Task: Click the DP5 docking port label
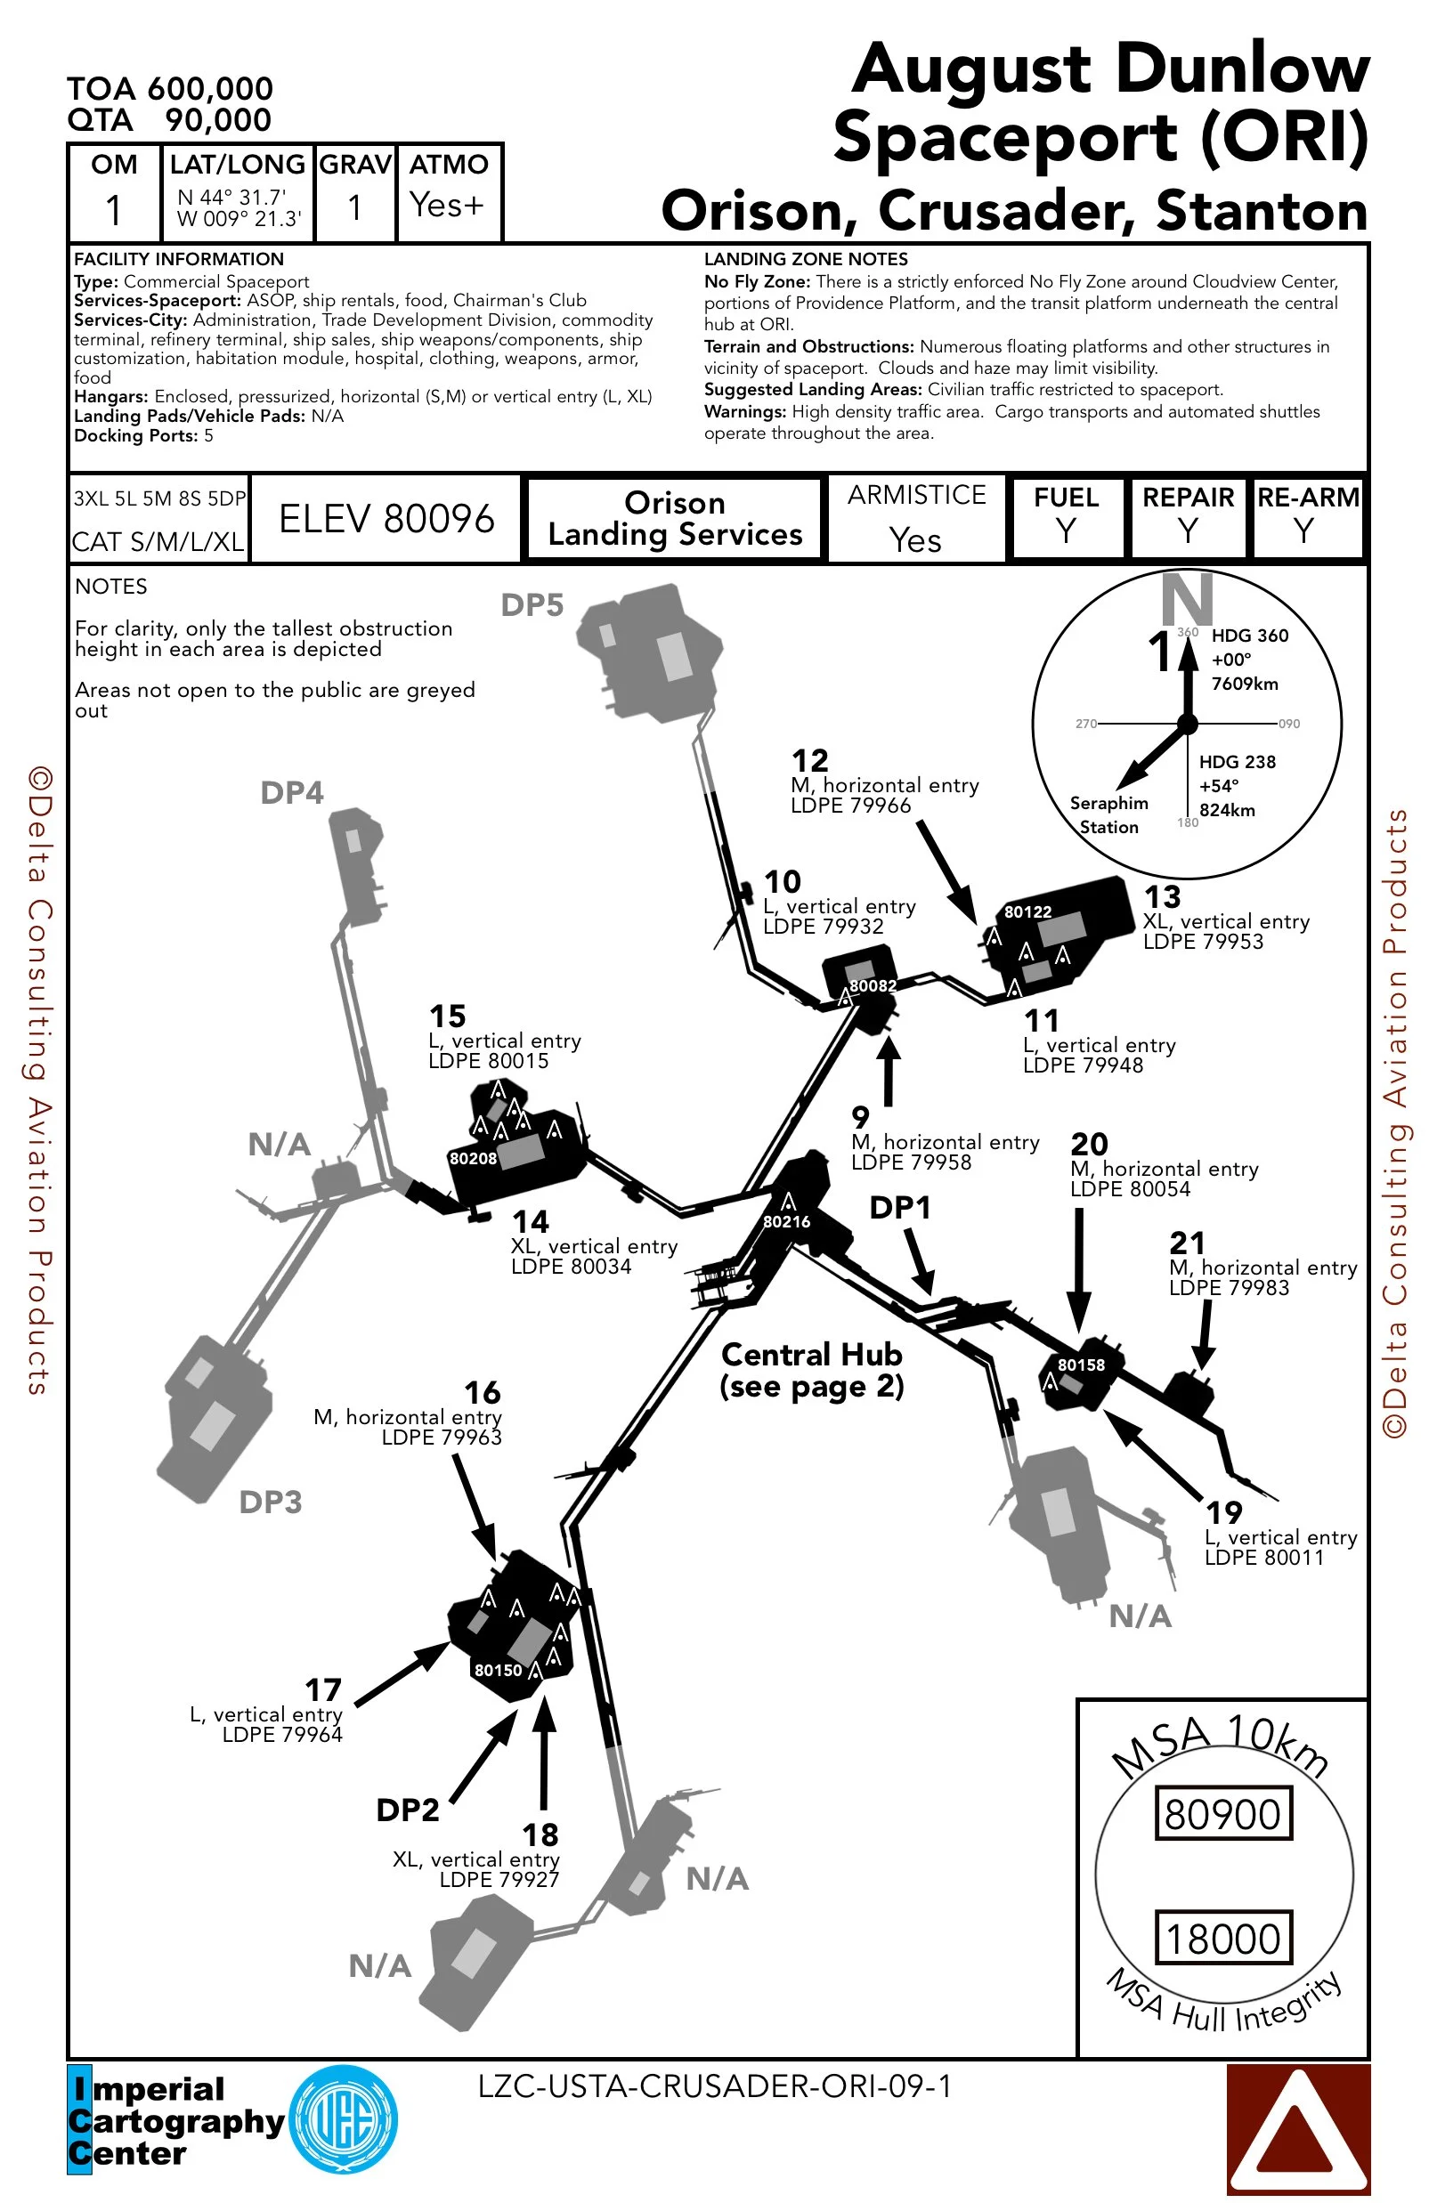532,605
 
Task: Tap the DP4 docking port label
292,793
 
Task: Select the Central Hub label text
811,1370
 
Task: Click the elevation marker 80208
473,1158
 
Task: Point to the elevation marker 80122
1027,911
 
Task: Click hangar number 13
1162,897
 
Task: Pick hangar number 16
483,1392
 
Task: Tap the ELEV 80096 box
386,519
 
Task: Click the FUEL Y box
1067,516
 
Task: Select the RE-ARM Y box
1307,516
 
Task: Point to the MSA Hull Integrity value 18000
1222,1938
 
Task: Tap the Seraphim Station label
1108,814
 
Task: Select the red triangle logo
1297,2128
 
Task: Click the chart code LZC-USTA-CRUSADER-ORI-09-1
714,2086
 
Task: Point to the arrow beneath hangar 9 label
888,1069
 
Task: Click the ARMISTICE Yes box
916,518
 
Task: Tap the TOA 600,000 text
169,89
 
